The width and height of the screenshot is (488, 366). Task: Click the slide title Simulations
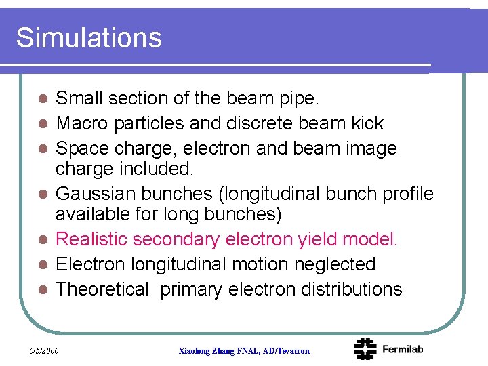tap(89, 37)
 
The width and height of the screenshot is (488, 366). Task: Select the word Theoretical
tap(102, 289)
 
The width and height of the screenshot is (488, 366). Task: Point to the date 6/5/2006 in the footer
tap(44, 350)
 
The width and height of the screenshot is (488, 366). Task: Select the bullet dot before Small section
tap(42, 99)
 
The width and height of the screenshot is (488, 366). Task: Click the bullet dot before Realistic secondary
tap(42, 240)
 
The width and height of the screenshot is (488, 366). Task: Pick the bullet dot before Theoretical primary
tap(42, 290)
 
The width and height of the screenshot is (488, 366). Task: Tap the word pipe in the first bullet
tap(298, 99)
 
